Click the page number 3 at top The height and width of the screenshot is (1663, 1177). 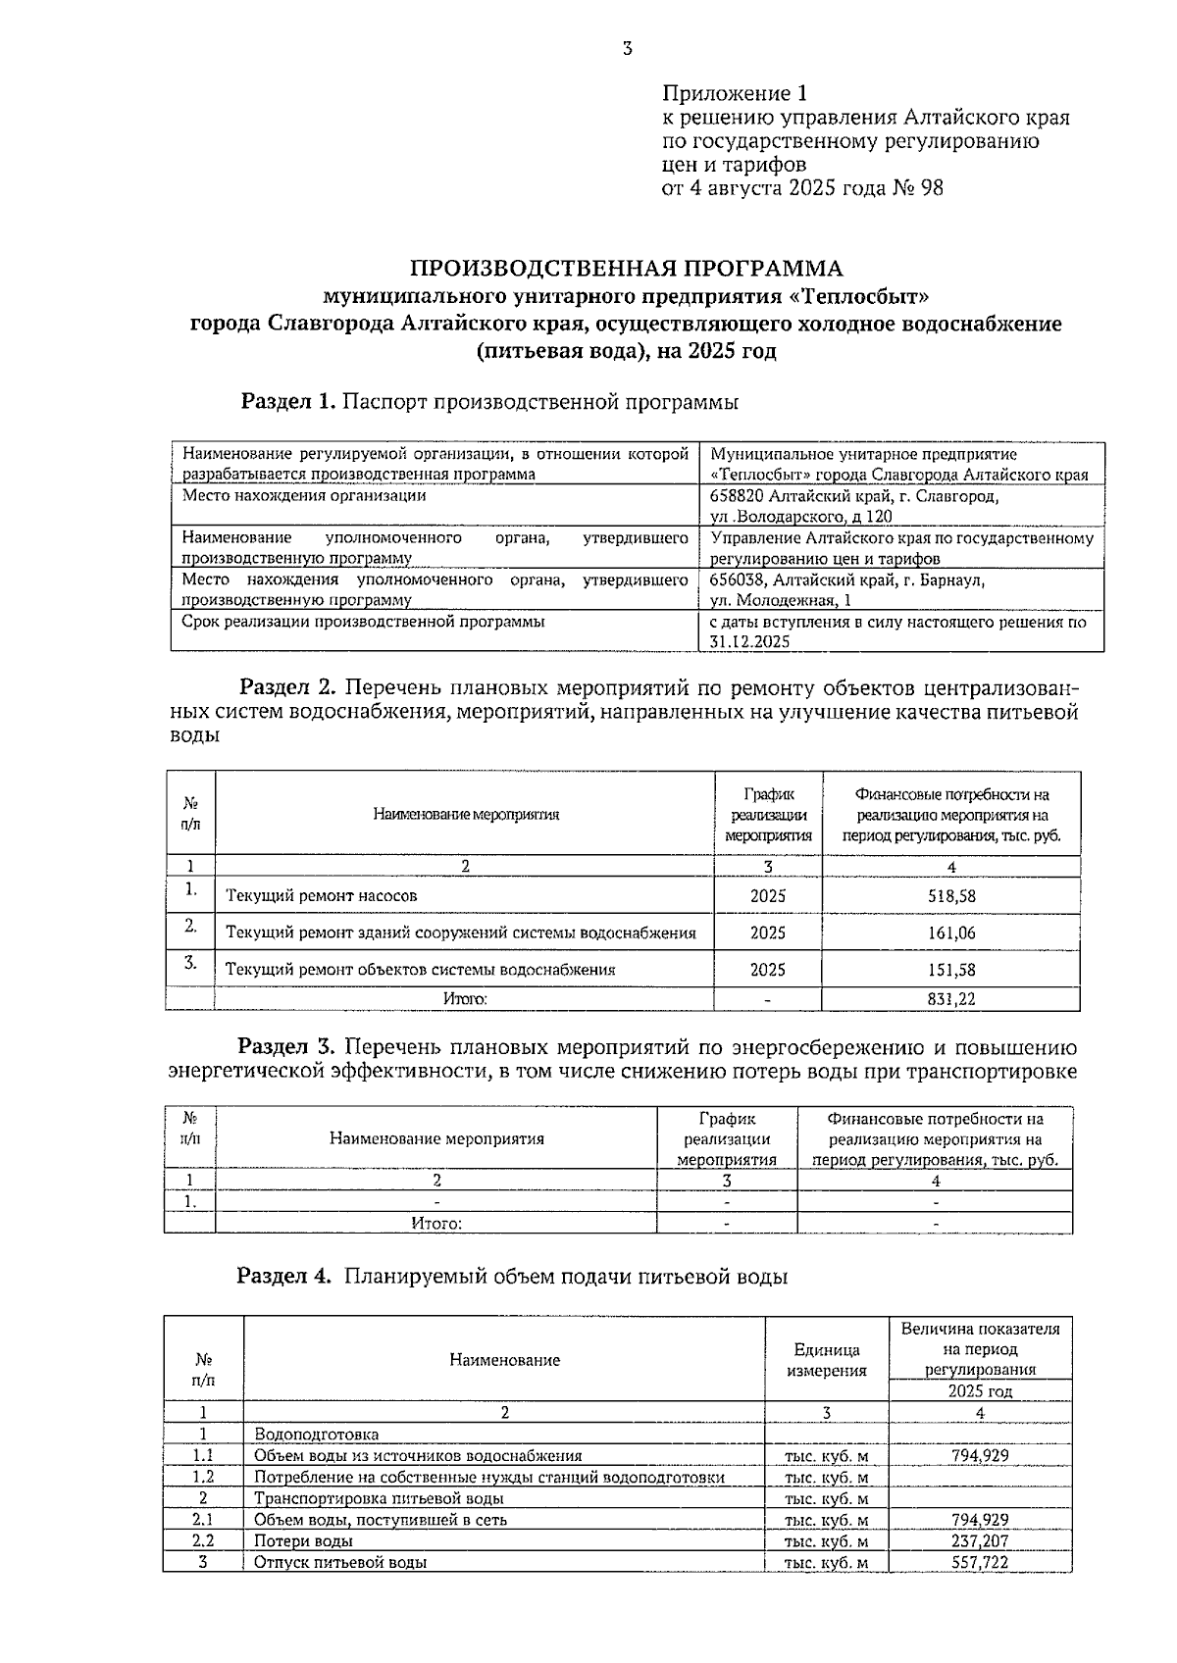(x=627, y=49)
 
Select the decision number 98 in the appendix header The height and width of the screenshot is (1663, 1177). (x=931, y=188)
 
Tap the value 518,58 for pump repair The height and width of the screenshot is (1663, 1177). (x=951, y=896)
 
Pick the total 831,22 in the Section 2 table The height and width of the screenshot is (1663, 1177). (x=951, y=999)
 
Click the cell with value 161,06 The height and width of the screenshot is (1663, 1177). (x=951, y=933)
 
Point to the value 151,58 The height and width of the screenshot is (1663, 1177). (x=951, y=970)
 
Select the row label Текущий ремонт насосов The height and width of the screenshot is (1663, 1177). (x=322, y=896)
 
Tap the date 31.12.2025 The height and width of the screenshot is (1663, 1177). (x=748, y=643)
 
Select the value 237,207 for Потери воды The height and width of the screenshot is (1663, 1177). (x=980, y=1541)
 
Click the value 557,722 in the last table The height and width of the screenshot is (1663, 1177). (x=980, y=1563)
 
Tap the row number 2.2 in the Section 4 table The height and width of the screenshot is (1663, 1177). (x=203, y=1541)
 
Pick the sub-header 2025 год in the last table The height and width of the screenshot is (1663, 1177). (x=980, y=1391)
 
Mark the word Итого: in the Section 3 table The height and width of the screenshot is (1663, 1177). (x=435, y=1224)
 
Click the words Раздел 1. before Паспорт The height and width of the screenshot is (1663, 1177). (x=289, y=402)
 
